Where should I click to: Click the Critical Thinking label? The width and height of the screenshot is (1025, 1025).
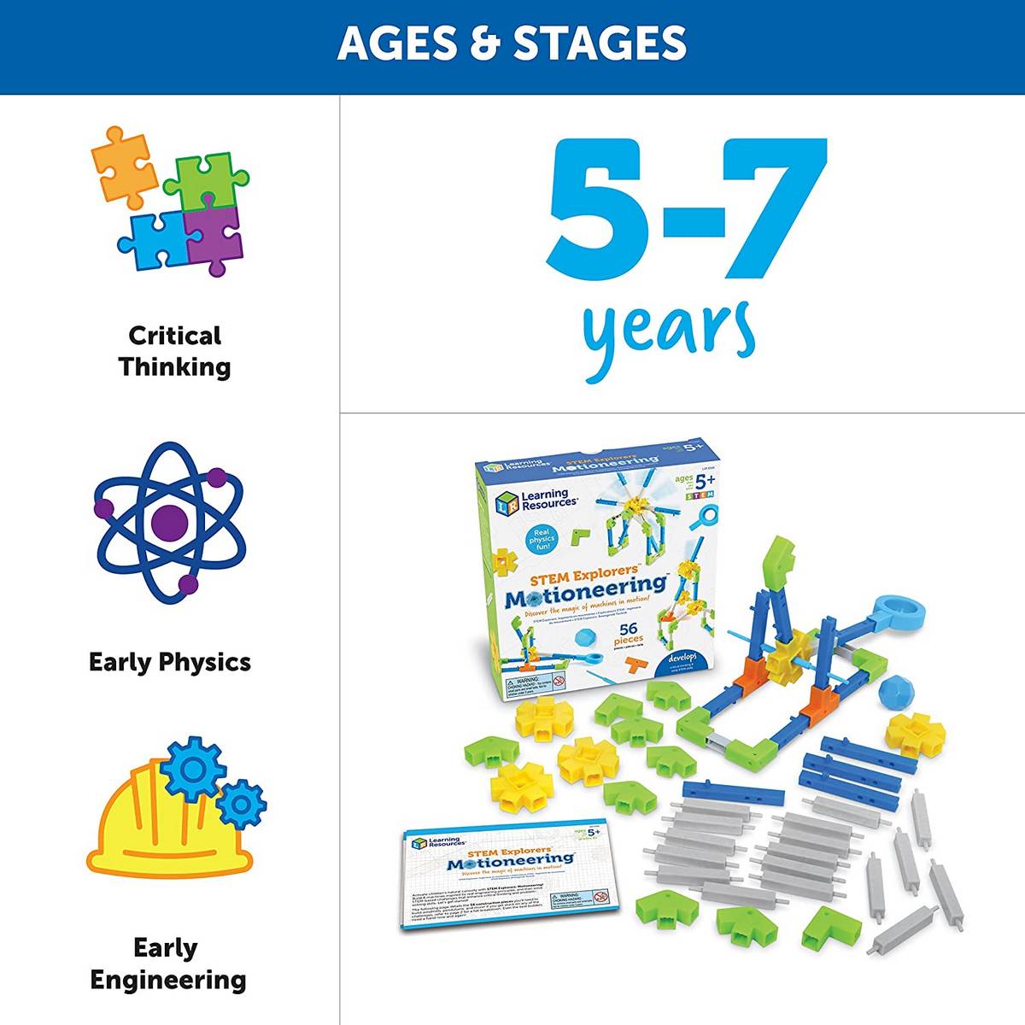174,351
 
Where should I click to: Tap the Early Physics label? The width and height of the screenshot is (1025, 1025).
170,662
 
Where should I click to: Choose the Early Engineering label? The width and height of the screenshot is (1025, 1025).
168,963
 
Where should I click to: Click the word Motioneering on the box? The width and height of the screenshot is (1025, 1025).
586,589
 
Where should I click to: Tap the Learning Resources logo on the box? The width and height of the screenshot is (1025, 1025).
536,499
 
